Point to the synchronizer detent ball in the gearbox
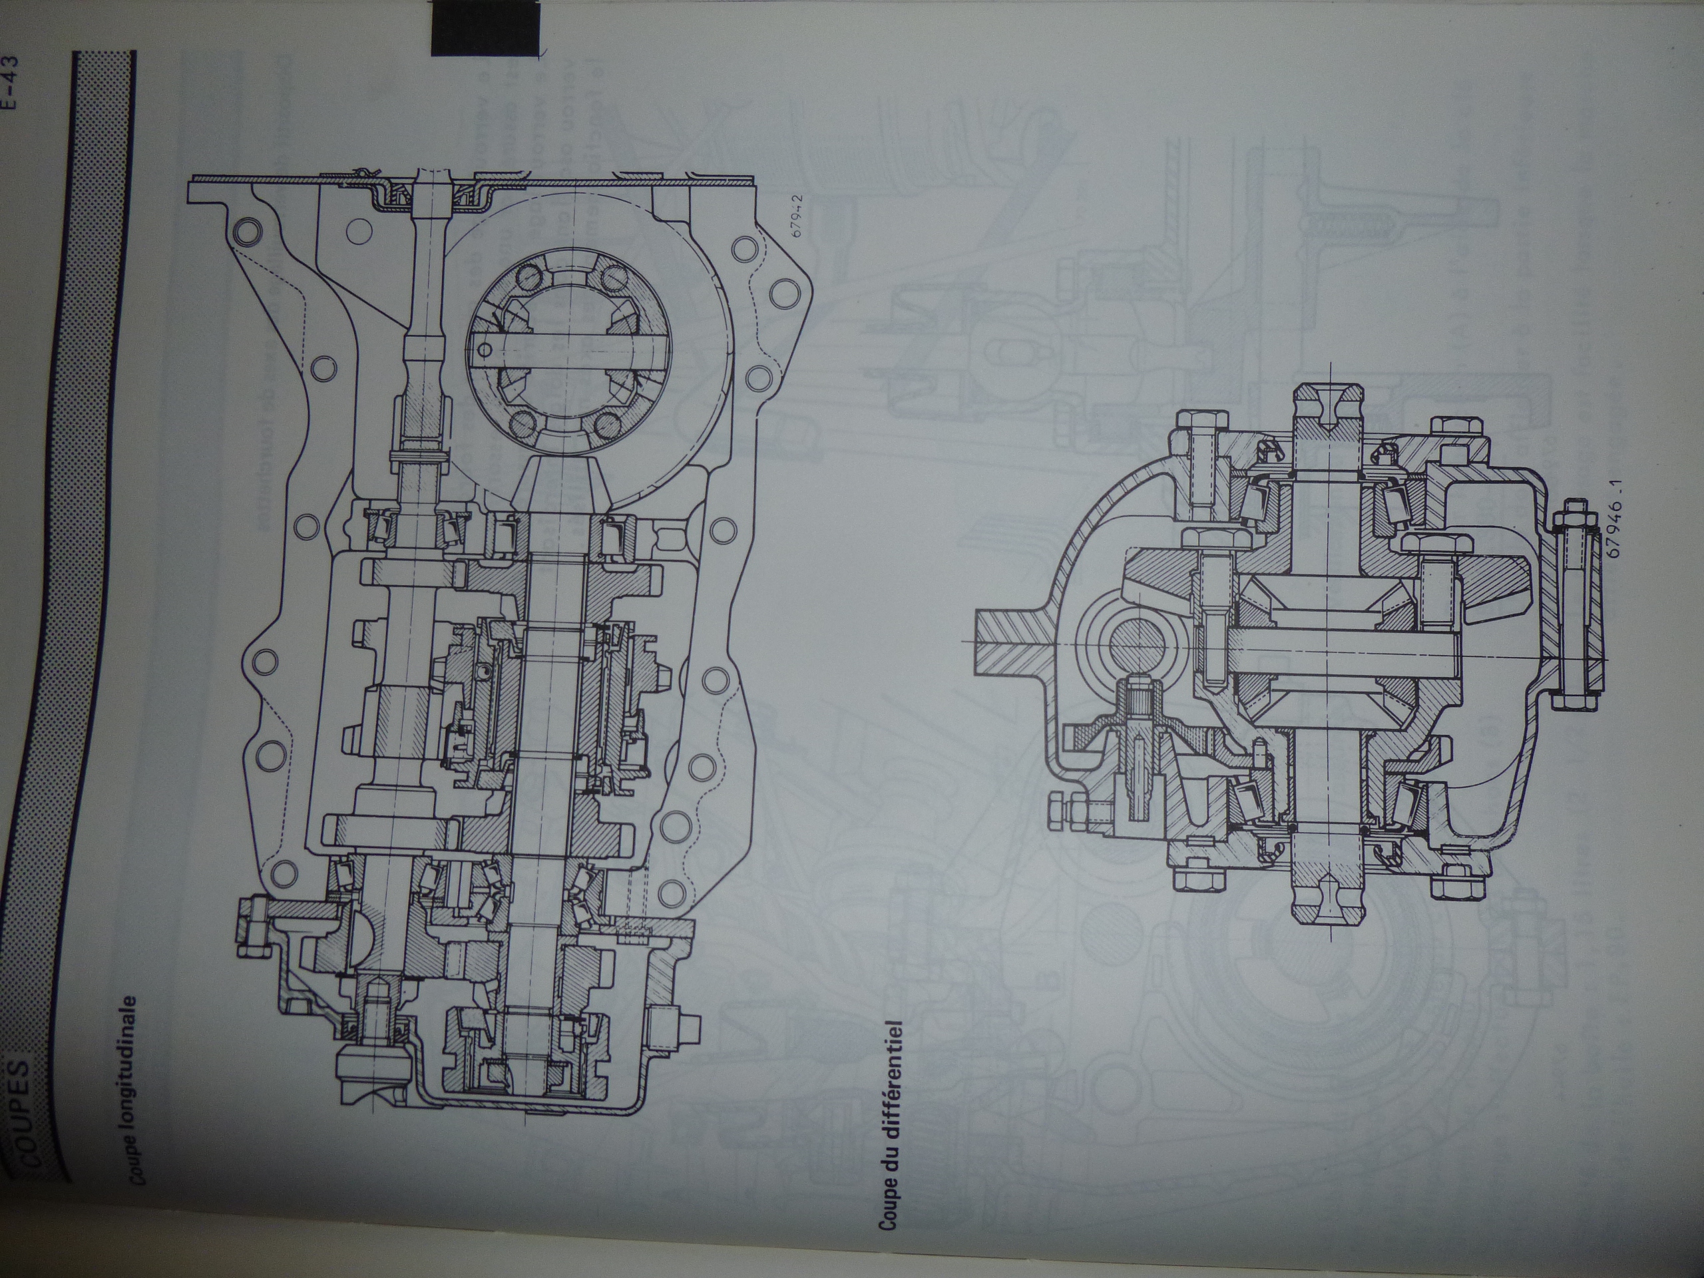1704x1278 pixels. pos(483,674)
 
